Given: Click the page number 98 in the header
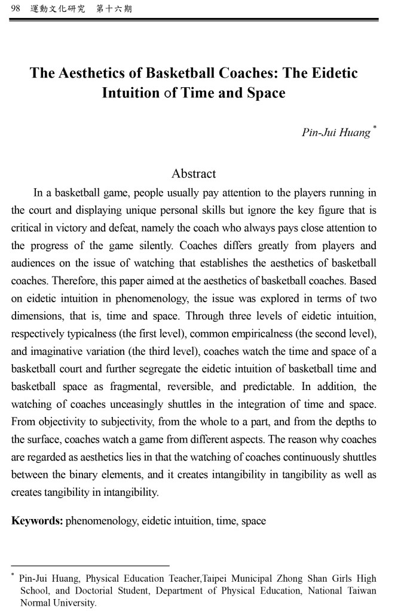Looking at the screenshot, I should [x=16, y=9].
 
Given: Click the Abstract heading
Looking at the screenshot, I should [x=194, y=174].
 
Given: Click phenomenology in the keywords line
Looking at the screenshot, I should [x=103, y=521].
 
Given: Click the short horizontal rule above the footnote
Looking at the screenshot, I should [x=90, y=565].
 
